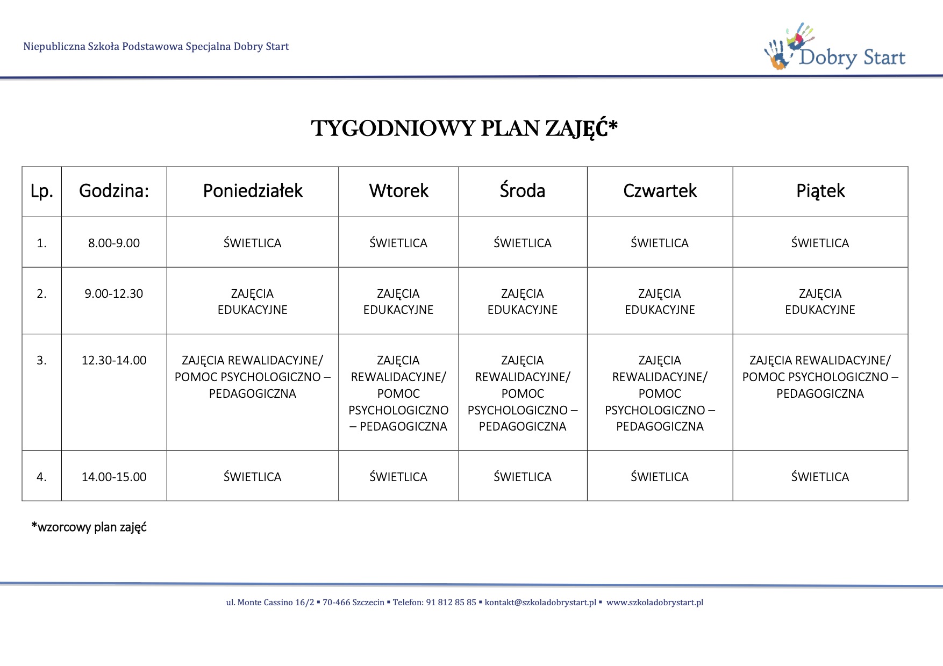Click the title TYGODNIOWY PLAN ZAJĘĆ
[465, 128]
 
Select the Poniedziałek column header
[253, 191]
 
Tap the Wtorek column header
[398, 191]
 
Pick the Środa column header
[523, 191]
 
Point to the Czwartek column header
[660, 191]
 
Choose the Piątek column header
[820, 191]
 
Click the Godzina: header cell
[114, 191]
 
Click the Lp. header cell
[42, 191]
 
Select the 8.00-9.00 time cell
[114, 243]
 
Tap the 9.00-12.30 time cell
[114, 294]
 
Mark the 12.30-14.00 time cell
[114, 361]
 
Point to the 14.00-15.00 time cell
[114, 477]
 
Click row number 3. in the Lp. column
[42, 361]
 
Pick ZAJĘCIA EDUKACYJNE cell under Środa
[523, 302]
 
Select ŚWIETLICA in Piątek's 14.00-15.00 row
[820, 477]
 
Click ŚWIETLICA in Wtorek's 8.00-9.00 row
[398, 243]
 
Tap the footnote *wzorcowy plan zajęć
[89, 527]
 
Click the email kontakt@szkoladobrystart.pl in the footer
[540, 603]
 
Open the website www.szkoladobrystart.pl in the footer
[655, 603]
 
